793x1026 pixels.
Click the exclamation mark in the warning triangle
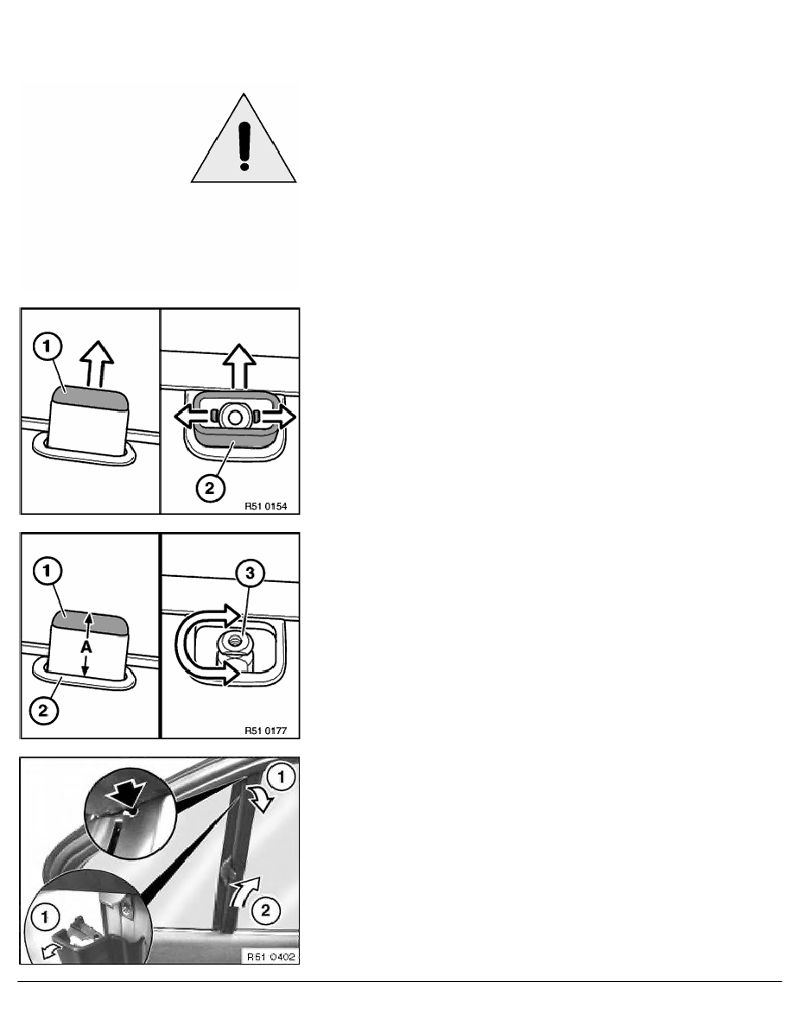[244, 146]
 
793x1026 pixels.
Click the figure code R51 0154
[266, 506]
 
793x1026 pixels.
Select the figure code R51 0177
[266, 731]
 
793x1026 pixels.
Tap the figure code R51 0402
[271, 957]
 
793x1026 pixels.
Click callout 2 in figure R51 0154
[209, 487]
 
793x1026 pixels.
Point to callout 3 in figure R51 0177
[250, 573]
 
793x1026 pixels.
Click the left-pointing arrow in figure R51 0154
[191, 416]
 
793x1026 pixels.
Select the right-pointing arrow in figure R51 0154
[277, 416]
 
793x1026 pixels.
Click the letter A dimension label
[86, 647]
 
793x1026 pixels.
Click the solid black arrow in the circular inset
[127, 795]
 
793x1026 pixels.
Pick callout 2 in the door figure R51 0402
[266, 910]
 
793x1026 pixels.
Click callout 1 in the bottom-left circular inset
[45, 917]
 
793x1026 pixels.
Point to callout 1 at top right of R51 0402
[282, 777]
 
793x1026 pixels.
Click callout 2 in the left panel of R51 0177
[43, 710]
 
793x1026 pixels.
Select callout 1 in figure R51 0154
[48, 346]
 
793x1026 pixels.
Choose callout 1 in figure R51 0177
[47, 571]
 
